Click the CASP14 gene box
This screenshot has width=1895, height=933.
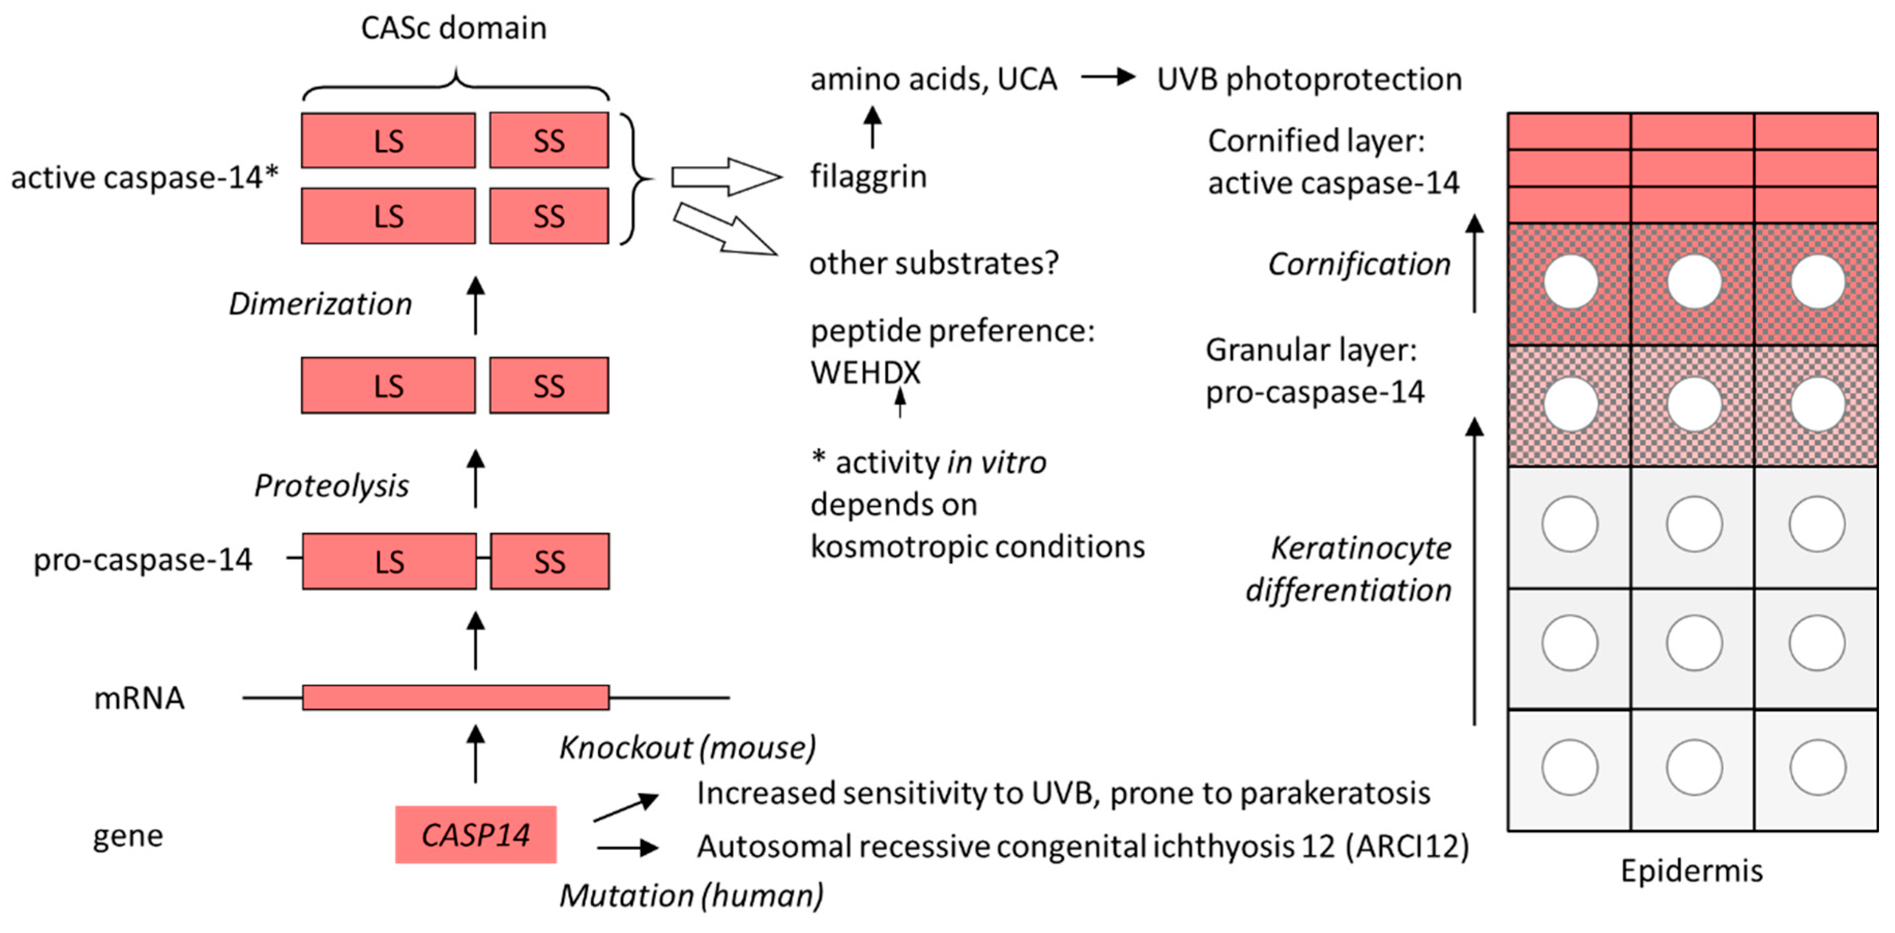(x=475, y=834)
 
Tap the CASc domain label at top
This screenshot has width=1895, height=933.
(x=453, y=28)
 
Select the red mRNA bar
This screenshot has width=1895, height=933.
(x=455, y=697)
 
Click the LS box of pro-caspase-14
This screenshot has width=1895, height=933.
(x=389, y=561)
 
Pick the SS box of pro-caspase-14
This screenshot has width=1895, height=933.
(x=550, y=561)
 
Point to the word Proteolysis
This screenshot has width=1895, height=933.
(x=331, y=485)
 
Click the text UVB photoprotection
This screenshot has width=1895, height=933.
(x=1309, y=79)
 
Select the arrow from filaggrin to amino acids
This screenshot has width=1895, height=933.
(x=872, y=127)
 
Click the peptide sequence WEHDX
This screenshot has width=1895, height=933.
(x=865, y=372)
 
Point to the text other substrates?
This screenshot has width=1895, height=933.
(x=933, y=263)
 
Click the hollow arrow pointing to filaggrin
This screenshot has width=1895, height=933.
(x=726, y=176)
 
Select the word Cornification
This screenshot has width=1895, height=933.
(x=1359, y=264)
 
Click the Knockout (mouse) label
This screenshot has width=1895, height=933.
(x=687, y=748)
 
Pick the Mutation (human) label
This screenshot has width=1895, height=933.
(x=691, y=895)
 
